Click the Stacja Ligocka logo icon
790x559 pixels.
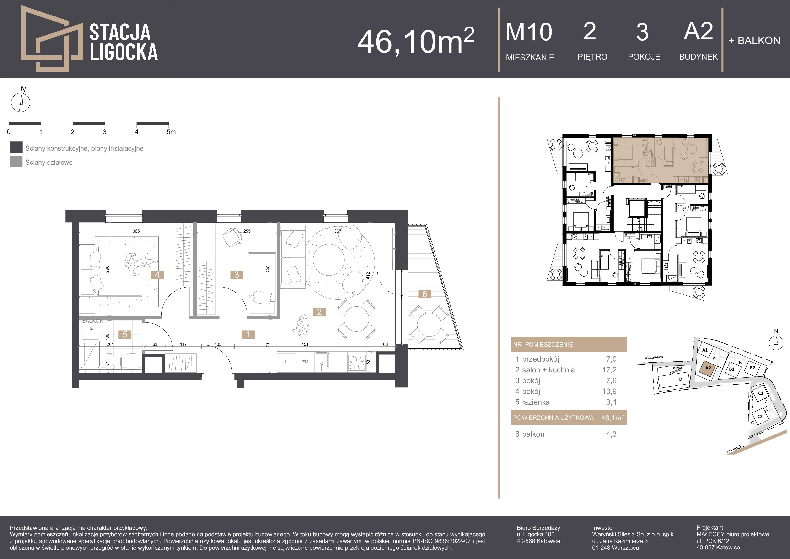(52, 38)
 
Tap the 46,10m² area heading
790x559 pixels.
(416, 41)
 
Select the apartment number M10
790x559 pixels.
(529, 32)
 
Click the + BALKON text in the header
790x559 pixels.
(754, 41)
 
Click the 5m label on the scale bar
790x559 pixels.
(171, 132)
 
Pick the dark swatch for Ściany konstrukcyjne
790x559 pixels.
(16, 147)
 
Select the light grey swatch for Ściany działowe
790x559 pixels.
(16, 162)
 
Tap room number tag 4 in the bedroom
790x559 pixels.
(157, 275)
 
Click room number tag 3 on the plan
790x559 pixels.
(236, 275)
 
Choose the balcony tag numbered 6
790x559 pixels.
(425, 294)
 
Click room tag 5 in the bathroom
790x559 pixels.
(125, 334)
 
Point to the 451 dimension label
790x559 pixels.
(305, 344)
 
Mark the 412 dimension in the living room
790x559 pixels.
(368, 275)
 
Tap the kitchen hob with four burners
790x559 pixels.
(357, 363)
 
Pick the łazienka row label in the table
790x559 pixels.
(536, 402)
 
